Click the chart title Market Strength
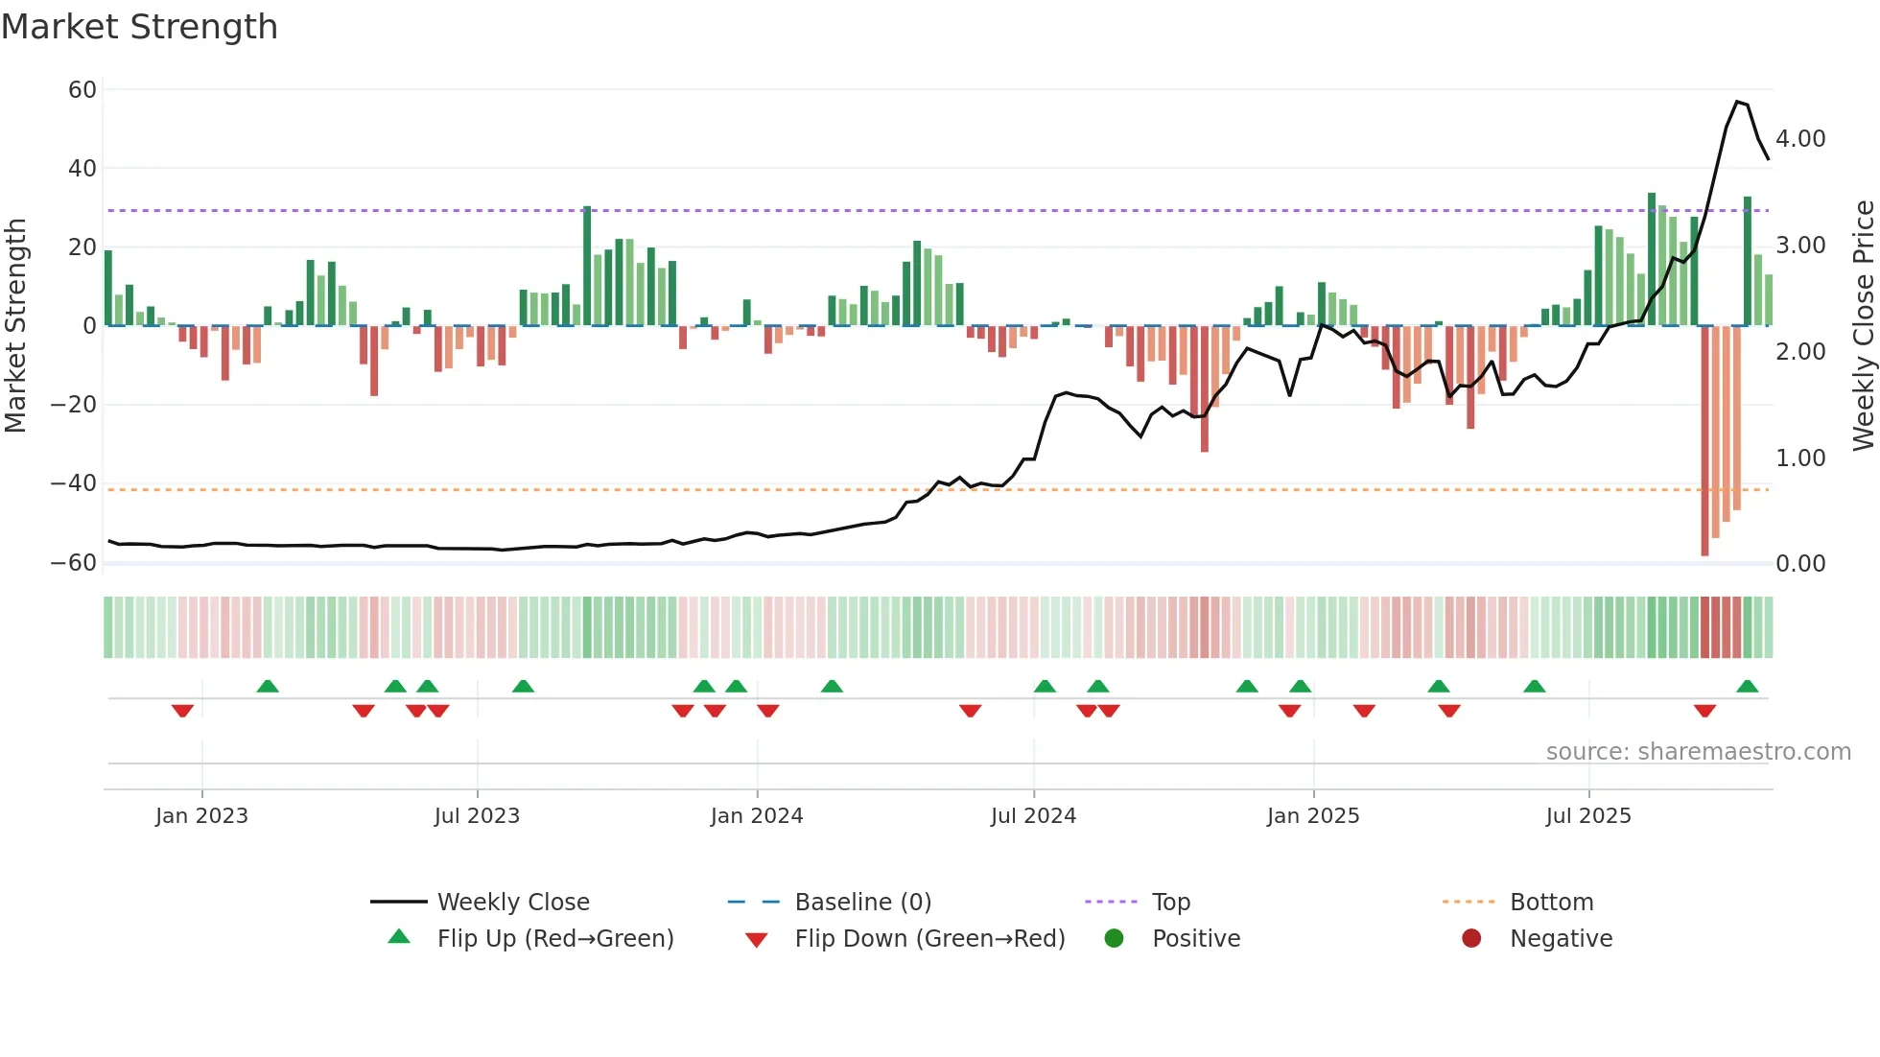[139, 27]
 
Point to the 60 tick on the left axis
[82, 90]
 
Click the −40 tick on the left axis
[74, 483]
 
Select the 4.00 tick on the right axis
[1800, 139]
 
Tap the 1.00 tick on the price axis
[1800, 458]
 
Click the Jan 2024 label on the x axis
[757, 816]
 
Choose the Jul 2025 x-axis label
[1588, 816]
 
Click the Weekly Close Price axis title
[1863, 326]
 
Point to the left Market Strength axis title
[15, 326]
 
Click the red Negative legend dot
[1471, 939]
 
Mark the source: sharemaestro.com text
[1698, 752]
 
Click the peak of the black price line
[1737, 102]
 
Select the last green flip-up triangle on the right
[1747, 687]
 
